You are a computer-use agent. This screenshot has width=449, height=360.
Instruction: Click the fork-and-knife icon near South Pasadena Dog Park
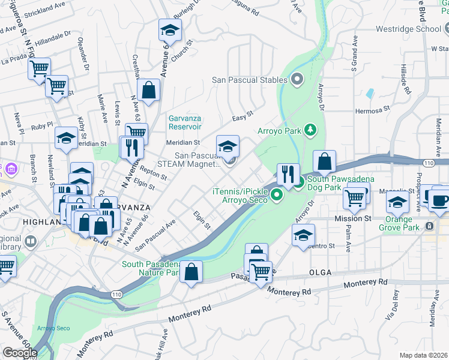[x=288, y=175]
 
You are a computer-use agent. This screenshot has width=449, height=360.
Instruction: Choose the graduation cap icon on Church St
[x=170, y=30]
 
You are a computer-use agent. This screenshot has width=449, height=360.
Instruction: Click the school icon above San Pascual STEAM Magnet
[x=228, y=146]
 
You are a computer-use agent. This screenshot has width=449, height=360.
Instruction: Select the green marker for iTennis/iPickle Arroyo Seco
[x=276, y=194]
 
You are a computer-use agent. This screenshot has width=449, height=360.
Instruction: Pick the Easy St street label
[x=243, y=116]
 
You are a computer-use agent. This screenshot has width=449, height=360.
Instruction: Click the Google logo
[x=20, y=352]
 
